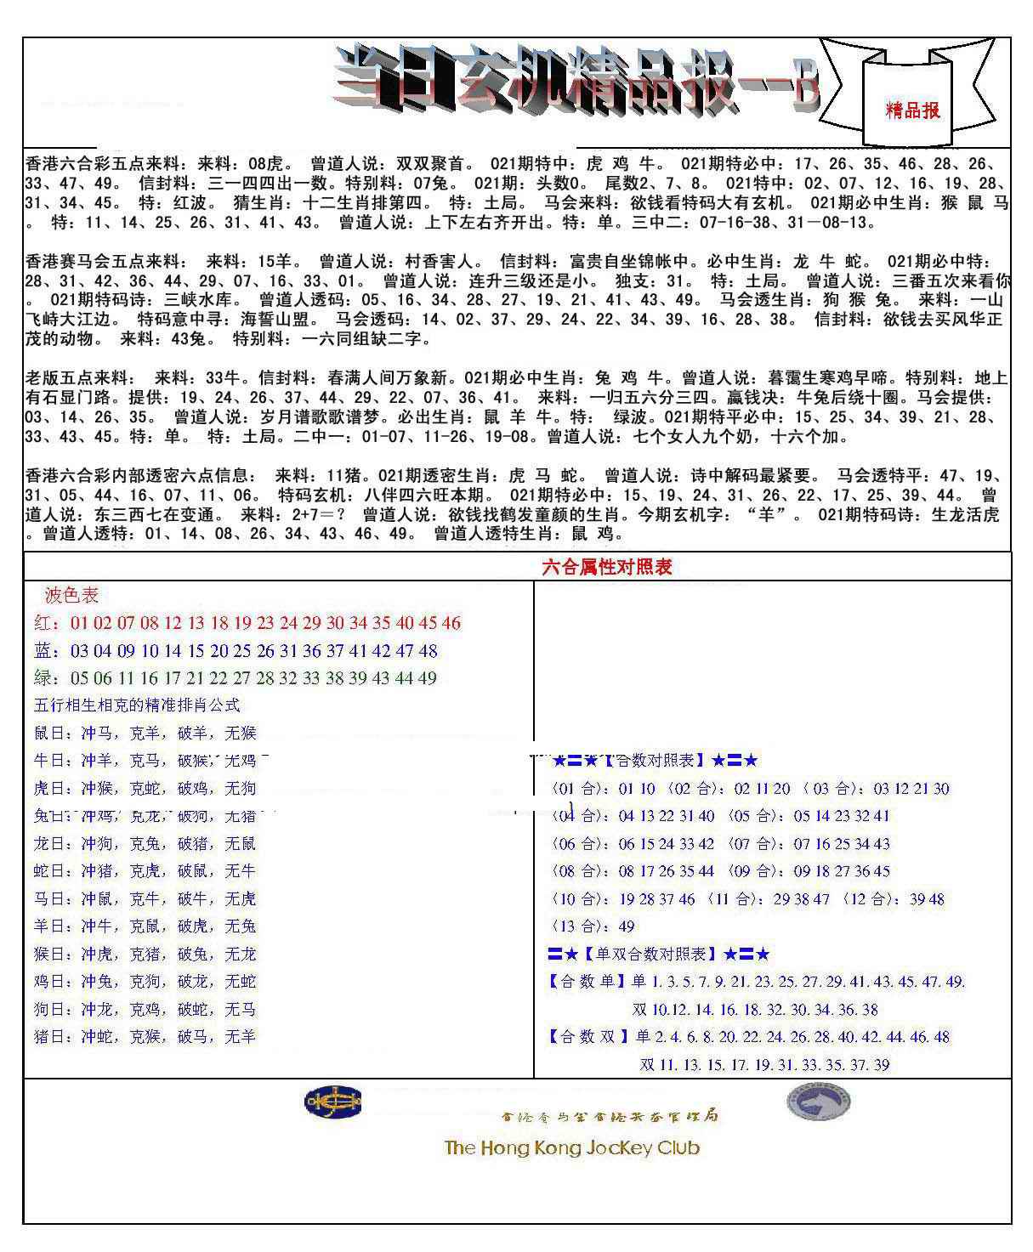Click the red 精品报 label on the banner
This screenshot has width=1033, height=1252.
pyautogui.click(x=912, y=110)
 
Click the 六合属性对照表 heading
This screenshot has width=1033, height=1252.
pyautogui.click(x=606, y=567)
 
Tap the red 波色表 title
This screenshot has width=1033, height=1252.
pyautogui.click(x=71, y=595)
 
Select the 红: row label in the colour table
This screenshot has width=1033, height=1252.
pyautogui.click(x=47, y=623)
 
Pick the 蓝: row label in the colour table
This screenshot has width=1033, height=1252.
pyautogui.click(x=47, y=651)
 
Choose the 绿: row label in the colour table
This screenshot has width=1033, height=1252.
pyautogui.click(x=47, y=678)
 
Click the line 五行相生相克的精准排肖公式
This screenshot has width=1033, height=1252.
pyautogui.click(x=137, y=705)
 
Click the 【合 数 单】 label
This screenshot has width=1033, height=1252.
pyautogui.click(x=587, y=982)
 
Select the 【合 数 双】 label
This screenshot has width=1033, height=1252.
pyautogui.click(x=587, y=1037)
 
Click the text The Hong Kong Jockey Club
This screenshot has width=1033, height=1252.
pyautogui.click(x=571, y=1147)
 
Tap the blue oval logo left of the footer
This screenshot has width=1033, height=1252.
pyautogui.click(x=333, y=1102)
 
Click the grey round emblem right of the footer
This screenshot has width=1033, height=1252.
pyautogui.click(x=818, y=1102)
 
